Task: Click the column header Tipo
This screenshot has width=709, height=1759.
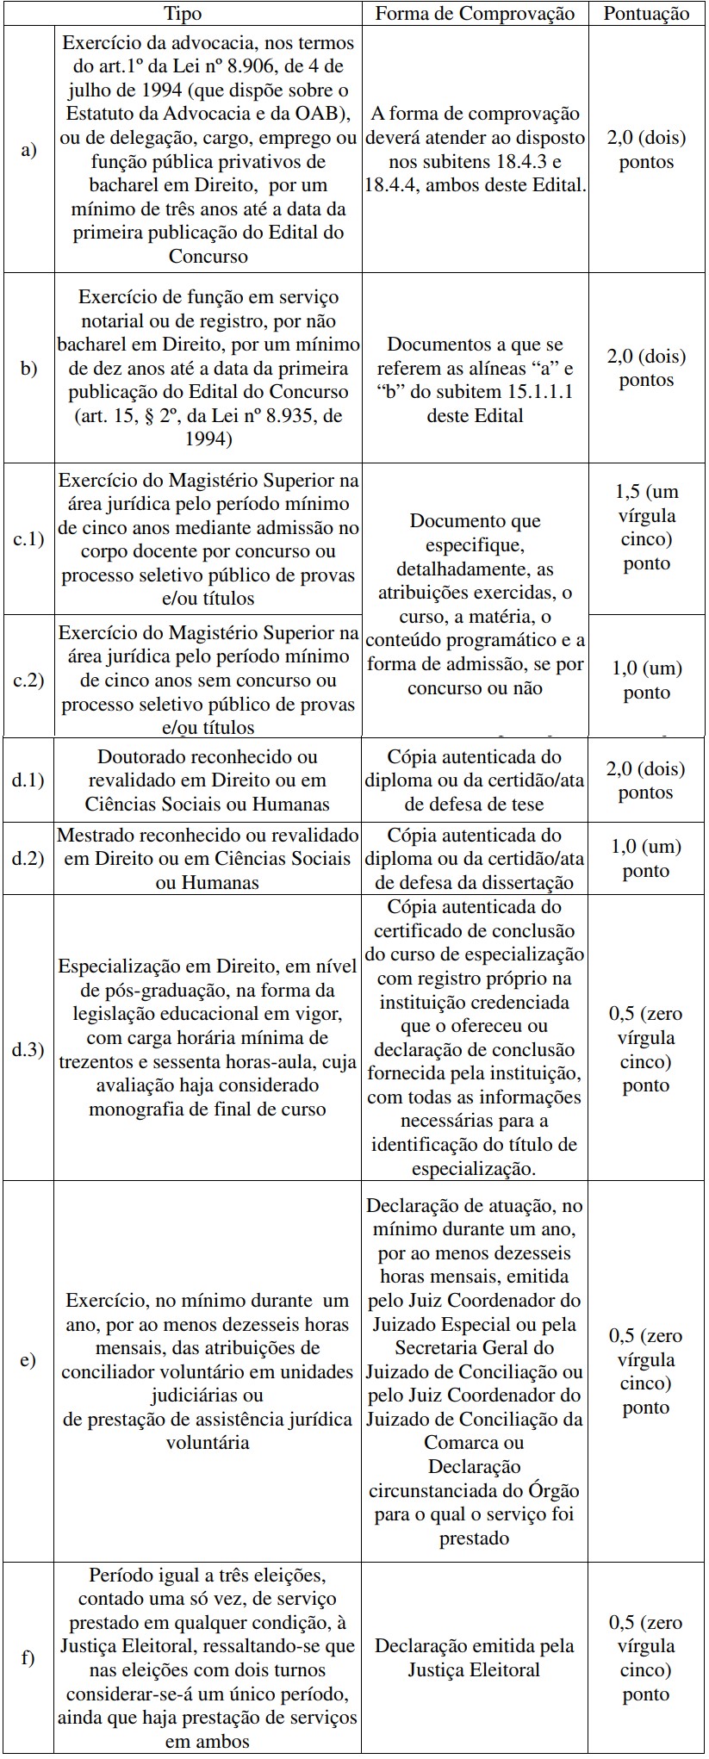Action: click(x=183, y=13)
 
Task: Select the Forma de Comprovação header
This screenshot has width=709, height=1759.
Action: click(x=475, y=13)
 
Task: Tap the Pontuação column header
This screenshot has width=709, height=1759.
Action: click(x=646, y=13)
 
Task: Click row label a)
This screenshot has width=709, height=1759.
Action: click(x=28, y=150)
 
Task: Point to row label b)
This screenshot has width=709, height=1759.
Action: click(x=28, y=368)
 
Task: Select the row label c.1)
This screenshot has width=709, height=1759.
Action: click(x=28, y=540)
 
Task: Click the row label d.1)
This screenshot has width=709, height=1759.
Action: click(x=28, y=780)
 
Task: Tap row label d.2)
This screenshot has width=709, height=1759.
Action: click(x=28, y=858)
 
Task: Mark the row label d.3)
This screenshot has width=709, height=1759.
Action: click(x=28, y=1050)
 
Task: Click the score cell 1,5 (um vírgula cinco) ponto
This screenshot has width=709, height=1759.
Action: click(x=646, y=527)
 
